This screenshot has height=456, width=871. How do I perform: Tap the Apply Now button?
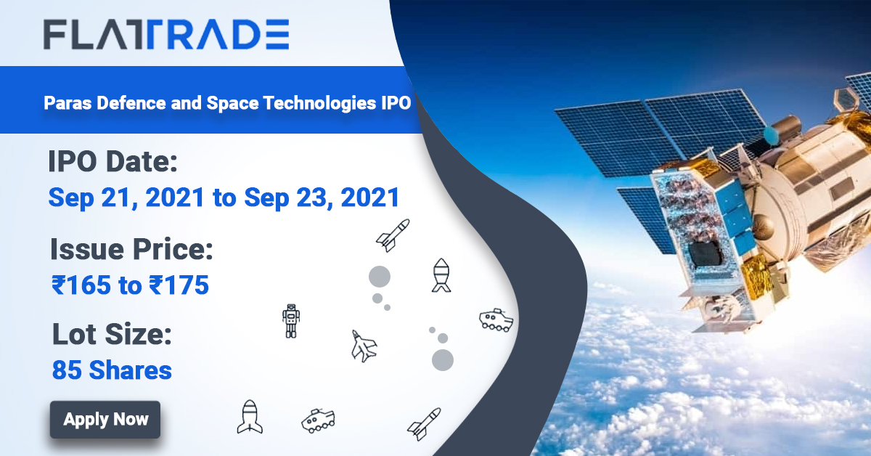click(x=105, y=419)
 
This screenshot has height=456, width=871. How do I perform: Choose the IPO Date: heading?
click(x=113, y=161)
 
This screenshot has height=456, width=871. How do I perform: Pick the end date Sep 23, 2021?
click(x=322, y=197)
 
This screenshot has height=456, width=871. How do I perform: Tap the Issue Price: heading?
click(x=131, y=251)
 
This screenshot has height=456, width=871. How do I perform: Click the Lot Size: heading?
click(x=111, y=335)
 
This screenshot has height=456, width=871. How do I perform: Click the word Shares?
click(x=131, y=370)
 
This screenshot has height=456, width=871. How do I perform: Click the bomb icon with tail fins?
click(x=441, y=275)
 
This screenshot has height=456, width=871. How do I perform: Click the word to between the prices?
click(x=130, y=285)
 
